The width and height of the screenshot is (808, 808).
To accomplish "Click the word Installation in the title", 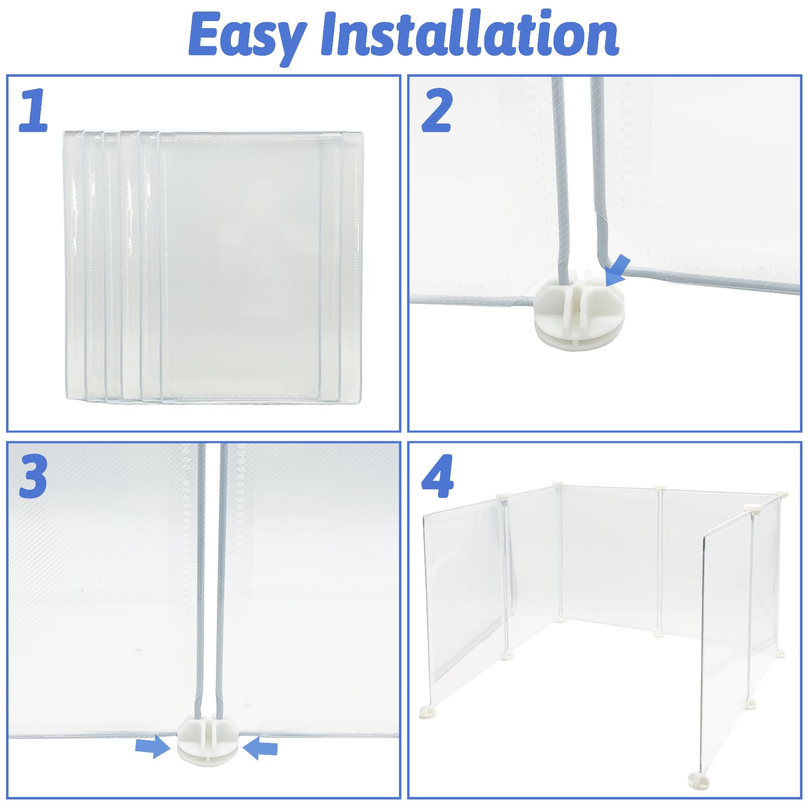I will [469, 34].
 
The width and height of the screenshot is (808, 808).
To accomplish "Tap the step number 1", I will [33, 111].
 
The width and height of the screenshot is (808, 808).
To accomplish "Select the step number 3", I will [33, 477].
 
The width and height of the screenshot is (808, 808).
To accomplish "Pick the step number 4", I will [437, 477].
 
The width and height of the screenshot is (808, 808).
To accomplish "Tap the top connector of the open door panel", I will [752, 508].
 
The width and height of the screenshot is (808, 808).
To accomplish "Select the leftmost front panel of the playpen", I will [462, 592].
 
